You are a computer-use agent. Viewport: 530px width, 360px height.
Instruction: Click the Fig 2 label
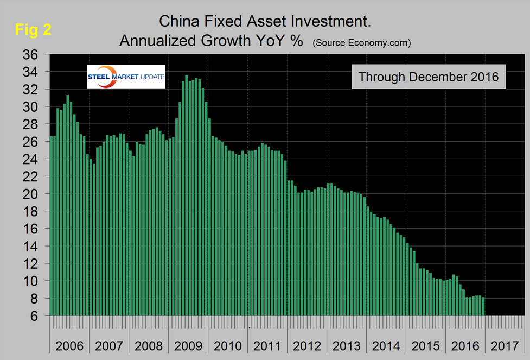pos(32,30)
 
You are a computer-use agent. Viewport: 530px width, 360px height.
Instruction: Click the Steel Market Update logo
pos(126,77)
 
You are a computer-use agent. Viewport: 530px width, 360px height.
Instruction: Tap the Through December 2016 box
pos(429,77)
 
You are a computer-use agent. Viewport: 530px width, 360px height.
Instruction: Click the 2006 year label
pos(69,346)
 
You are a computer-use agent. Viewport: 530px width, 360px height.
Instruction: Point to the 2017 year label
pos(505,346)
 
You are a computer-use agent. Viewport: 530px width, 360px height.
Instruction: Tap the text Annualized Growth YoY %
pos(211,41)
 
